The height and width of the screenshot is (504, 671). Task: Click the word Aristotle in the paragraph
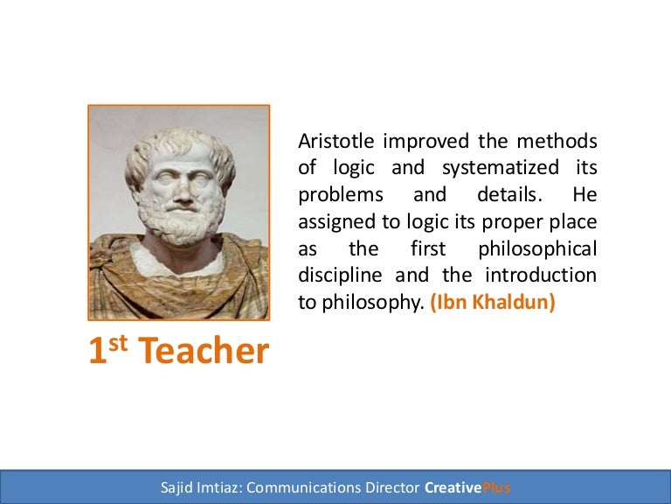click(x=331, y=141)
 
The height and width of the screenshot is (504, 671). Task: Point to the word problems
click(x=336, y=195)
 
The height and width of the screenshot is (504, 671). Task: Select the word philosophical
click(x=541, y=248)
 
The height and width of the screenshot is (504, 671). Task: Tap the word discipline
click(x=339, y=275)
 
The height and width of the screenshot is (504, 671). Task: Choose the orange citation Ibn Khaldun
click(x=493, y=302)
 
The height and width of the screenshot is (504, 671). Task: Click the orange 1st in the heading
click(x=109, y=350)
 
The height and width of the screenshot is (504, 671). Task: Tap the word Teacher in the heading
click(x=204, y=352)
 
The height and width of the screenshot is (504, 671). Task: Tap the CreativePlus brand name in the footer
click(x=467, y=487)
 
